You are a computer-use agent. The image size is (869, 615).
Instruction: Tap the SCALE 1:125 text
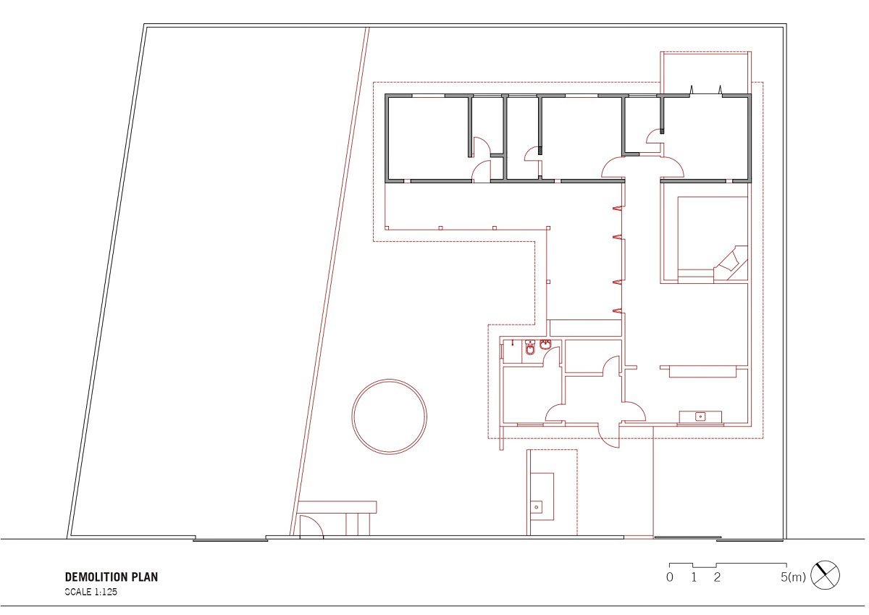pos(91,592)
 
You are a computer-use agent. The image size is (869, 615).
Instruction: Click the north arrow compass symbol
pos(825,575)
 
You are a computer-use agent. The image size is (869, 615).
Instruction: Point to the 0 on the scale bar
pos(670,577)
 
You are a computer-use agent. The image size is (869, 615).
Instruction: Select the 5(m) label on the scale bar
pos(793,577)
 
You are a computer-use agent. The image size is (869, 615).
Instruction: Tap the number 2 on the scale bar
pos(717,577)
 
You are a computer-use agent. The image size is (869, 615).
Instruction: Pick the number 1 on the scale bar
pos(694,577)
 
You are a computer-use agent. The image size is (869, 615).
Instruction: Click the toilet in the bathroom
pos(530,348)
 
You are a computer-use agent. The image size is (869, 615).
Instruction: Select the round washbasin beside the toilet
pos(545,344)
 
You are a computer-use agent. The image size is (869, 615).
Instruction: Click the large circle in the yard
pos(389,417)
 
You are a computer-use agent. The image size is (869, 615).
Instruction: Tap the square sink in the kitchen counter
pos(701,417)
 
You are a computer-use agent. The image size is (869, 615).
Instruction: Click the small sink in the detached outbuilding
pos(537,507)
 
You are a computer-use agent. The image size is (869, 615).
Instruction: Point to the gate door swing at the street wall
pos(311,526)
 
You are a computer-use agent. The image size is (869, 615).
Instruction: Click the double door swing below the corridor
pos(642,167)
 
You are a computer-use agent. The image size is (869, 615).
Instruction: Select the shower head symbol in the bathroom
pos(513,342)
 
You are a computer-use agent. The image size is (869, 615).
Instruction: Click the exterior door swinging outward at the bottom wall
pos(608,436)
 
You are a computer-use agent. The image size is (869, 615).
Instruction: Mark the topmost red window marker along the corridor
pos(617,209)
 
